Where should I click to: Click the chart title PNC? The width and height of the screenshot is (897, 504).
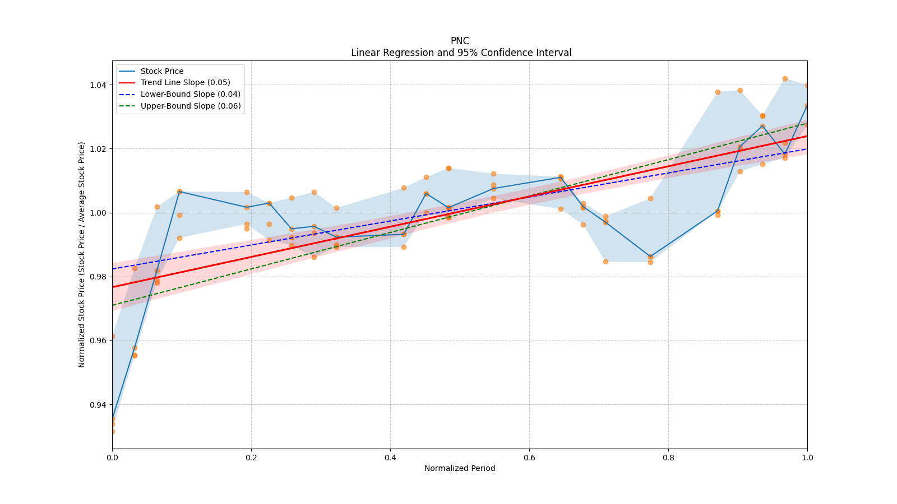point(460,41)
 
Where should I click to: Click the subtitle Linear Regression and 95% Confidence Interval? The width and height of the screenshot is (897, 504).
point(461,53)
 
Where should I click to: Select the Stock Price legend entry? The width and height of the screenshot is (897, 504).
point(161,71)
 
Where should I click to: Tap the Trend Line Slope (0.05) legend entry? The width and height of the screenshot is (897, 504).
point(185,83)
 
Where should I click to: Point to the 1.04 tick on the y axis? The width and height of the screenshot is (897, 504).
point(99,85)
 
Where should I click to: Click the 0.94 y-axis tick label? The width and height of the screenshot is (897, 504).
point(99,405)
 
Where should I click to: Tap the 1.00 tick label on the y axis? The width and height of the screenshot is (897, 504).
point(99,213)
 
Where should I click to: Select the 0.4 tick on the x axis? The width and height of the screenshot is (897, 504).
point(390,458)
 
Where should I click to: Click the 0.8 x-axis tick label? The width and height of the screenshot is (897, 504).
point(668,458)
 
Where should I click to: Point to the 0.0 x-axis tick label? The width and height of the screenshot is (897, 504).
point(112,458)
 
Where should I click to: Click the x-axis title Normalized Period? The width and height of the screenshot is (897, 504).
point(460,468)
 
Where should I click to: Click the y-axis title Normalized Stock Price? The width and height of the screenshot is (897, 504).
point(82,254)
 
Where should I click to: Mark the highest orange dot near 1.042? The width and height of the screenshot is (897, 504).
point(785,79)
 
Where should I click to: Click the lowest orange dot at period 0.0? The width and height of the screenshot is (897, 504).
point(112,431)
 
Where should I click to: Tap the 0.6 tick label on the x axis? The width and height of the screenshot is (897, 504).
point(529,458)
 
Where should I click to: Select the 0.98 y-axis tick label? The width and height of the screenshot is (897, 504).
point(99,277)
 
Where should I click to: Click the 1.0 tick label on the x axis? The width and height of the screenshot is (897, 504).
point(807,458)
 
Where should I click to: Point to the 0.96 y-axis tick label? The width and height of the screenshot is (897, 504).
point(99,340)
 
